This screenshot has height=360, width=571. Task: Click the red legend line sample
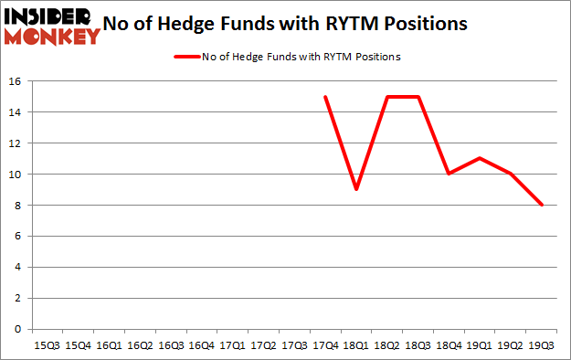(x=188, y=57)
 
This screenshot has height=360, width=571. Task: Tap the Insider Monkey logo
(x=51, y=25)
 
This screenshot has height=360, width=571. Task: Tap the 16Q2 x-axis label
(x=139, y=345)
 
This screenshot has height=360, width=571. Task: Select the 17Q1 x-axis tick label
(x=232, y=345)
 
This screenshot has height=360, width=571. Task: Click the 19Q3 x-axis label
(x=543, y=345)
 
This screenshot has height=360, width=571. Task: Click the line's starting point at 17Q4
(x=325, y=97)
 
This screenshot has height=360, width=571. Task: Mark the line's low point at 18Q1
(x=356, y=189)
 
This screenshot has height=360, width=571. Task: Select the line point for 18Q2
(x=387, y=97)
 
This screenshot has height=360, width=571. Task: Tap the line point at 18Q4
(x=449, y=174)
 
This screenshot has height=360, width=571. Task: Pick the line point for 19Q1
(x=481, y=158)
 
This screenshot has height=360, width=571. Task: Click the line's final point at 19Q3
(x=543, y=205)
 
